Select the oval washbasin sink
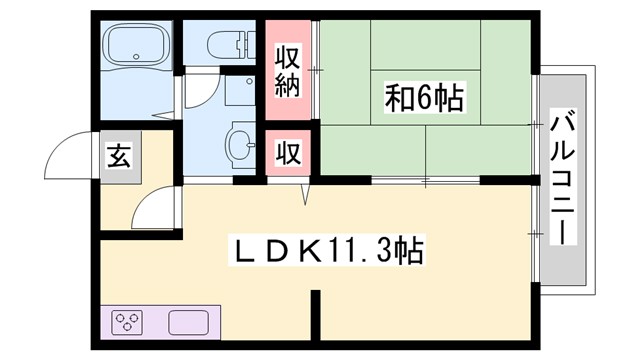coord(241,142)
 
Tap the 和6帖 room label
coord(424,97)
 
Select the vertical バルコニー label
coord(562,180)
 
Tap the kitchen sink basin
coord(190,323)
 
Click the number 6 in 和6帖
coord(424,97)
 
